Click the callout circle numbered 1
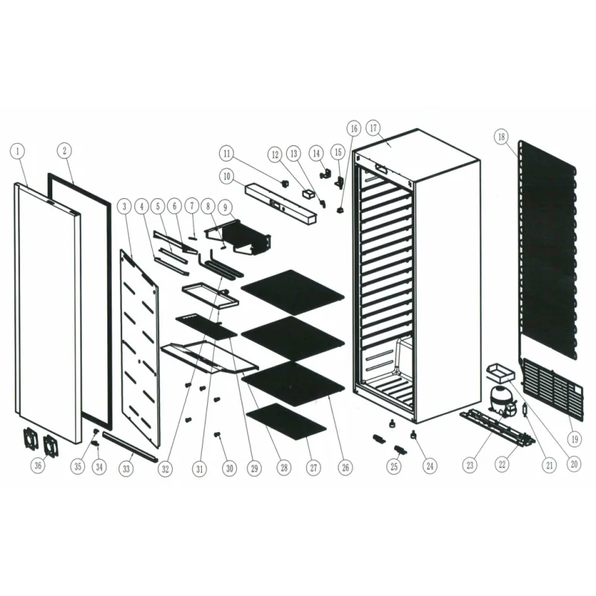[x=18, y=150]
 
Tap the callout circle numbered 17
[x=374, y=127]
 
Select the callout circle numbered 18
[x=501, y=136]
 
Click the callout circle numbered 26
[x=345, y=468]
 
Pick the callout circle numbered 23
[x=469, y=466]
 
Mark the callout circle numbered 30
[x=229, y=468]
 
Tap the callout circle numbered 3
[x=124, y=204]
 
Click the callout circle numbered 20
[x=574, y=463]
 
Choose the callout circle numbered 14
[x=317, y=152]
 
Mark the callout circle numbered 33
[x=127, y=468]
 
